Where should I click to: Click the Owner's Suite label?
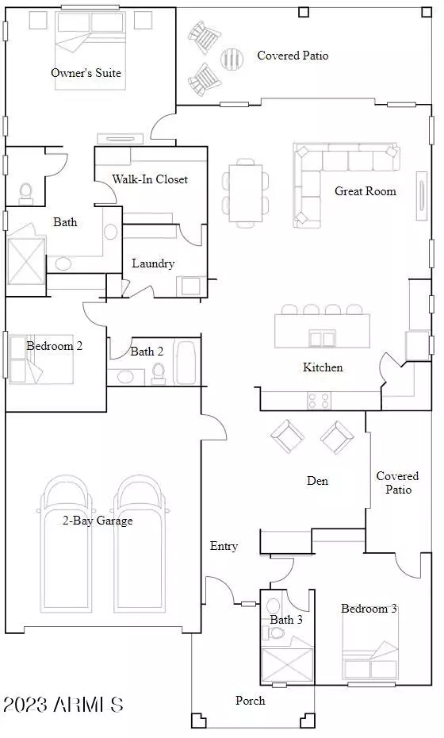click(x=86, y=73)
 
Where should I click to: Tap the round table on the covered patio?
click(x=232, y=59)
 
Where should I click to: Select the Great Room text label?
click(x=365, y=191)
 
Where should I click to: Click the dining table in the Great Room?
click(x=246, y=193)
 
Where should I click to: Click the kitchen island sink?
click(x=322, y=338)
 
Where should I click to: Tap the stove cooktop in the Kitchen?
click(x=319, y=401)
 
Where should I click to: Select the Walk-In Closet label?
click(x=150, y=179)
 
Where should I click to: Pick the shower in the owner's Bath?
click(x=26, y=260)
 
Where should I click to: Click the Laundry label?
click(x=153, y=263)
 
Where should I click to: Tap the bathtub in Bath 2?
click(x=185, y=363)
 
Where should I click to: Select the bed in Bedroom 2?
click(x=41, y=359)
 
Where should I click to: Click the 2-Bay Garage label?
click(x=98, y=521)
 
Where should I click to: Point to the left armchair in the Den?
click(x=287, y=436)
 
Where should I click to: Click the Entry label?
click(x=224, y=546)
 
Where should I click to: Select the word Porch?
click(x=251, y=701)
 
